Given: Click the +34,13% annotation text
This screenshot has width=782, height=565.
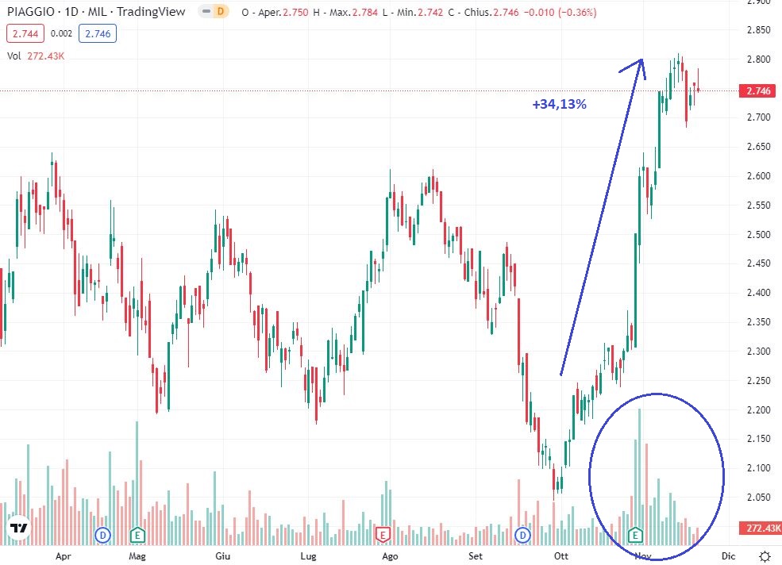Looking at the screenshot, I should [559, 104].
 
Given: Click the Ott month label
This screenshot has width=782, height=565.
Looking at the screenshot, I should [562, 556].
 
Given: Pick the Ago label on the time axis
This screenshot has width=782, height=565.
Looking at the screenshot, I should [389, 556].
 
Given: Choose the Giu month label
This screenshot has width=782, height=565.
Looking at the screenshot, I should [223, 556].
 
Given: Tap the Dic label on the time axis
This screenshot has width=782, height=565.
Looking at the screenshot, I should [728, 556].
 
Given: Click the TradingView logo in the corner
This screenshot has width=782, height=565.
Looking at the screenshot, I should [19, 528].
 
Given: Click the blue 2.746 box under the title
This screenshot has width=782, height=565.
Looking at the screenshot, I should [97, 34].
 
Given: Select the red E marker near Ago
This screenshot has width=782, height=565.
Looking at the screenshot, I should [383, 534].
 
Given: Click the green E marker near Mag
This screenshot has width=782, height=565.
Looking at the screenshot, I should [137, 534].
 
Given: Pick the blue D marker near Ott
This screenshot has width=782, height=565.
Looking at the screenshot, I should [523, 535].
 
